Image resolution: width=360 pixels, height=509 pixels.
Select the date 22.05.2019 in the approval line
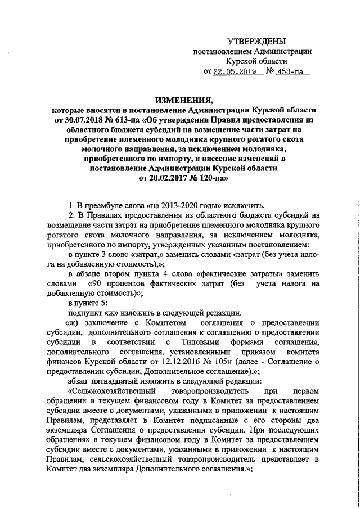pyautogui.click(x=231, y=71)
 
